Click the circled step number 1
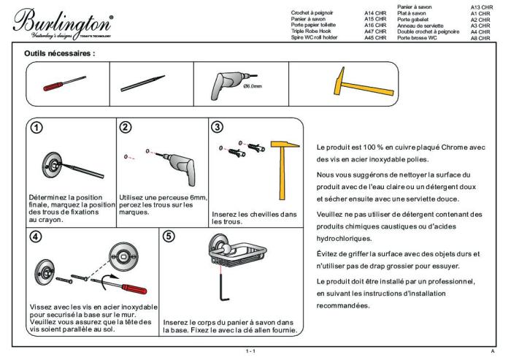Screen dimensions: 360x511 point(34,127)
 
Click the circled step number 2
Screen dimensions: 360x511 point(126,127)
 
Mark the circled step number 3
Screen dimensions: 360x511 point(218,126)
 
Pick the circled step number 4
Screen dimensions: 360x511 point(34,237)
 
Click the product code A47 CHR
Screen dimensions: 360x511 point(374,31)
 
